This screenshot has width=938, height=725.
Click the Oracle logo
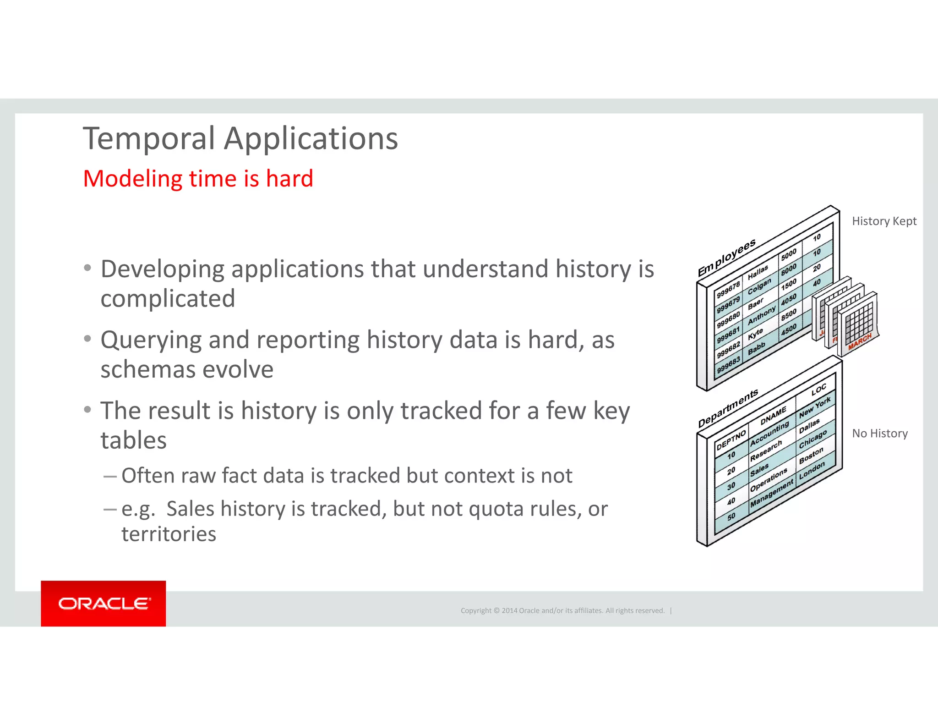tap(104, 604)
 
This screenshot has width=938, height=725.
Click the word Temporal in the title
tap(149, 138)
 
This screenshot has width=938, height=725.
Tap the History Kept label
tap(884, 221)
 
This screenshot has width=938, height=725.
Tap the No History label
tap(880, 434)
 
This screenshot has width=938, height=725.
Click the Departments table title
tap(728, 408)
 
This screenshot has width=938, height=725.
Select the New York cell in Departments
tap(814, 407)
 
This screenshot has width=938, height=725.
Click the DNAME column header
tap(773, 416)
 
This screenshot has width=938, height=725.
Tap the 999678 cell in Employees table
tap(728, 290)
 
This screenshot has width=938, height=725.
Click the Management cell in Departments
tap(771, 494)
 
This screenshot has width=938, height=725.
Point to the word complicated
tap(168, 299)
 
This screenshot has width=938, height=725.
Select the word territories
tap(169, 534)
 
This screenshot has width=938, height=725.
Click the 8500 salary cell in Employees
tap(789, 315)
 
